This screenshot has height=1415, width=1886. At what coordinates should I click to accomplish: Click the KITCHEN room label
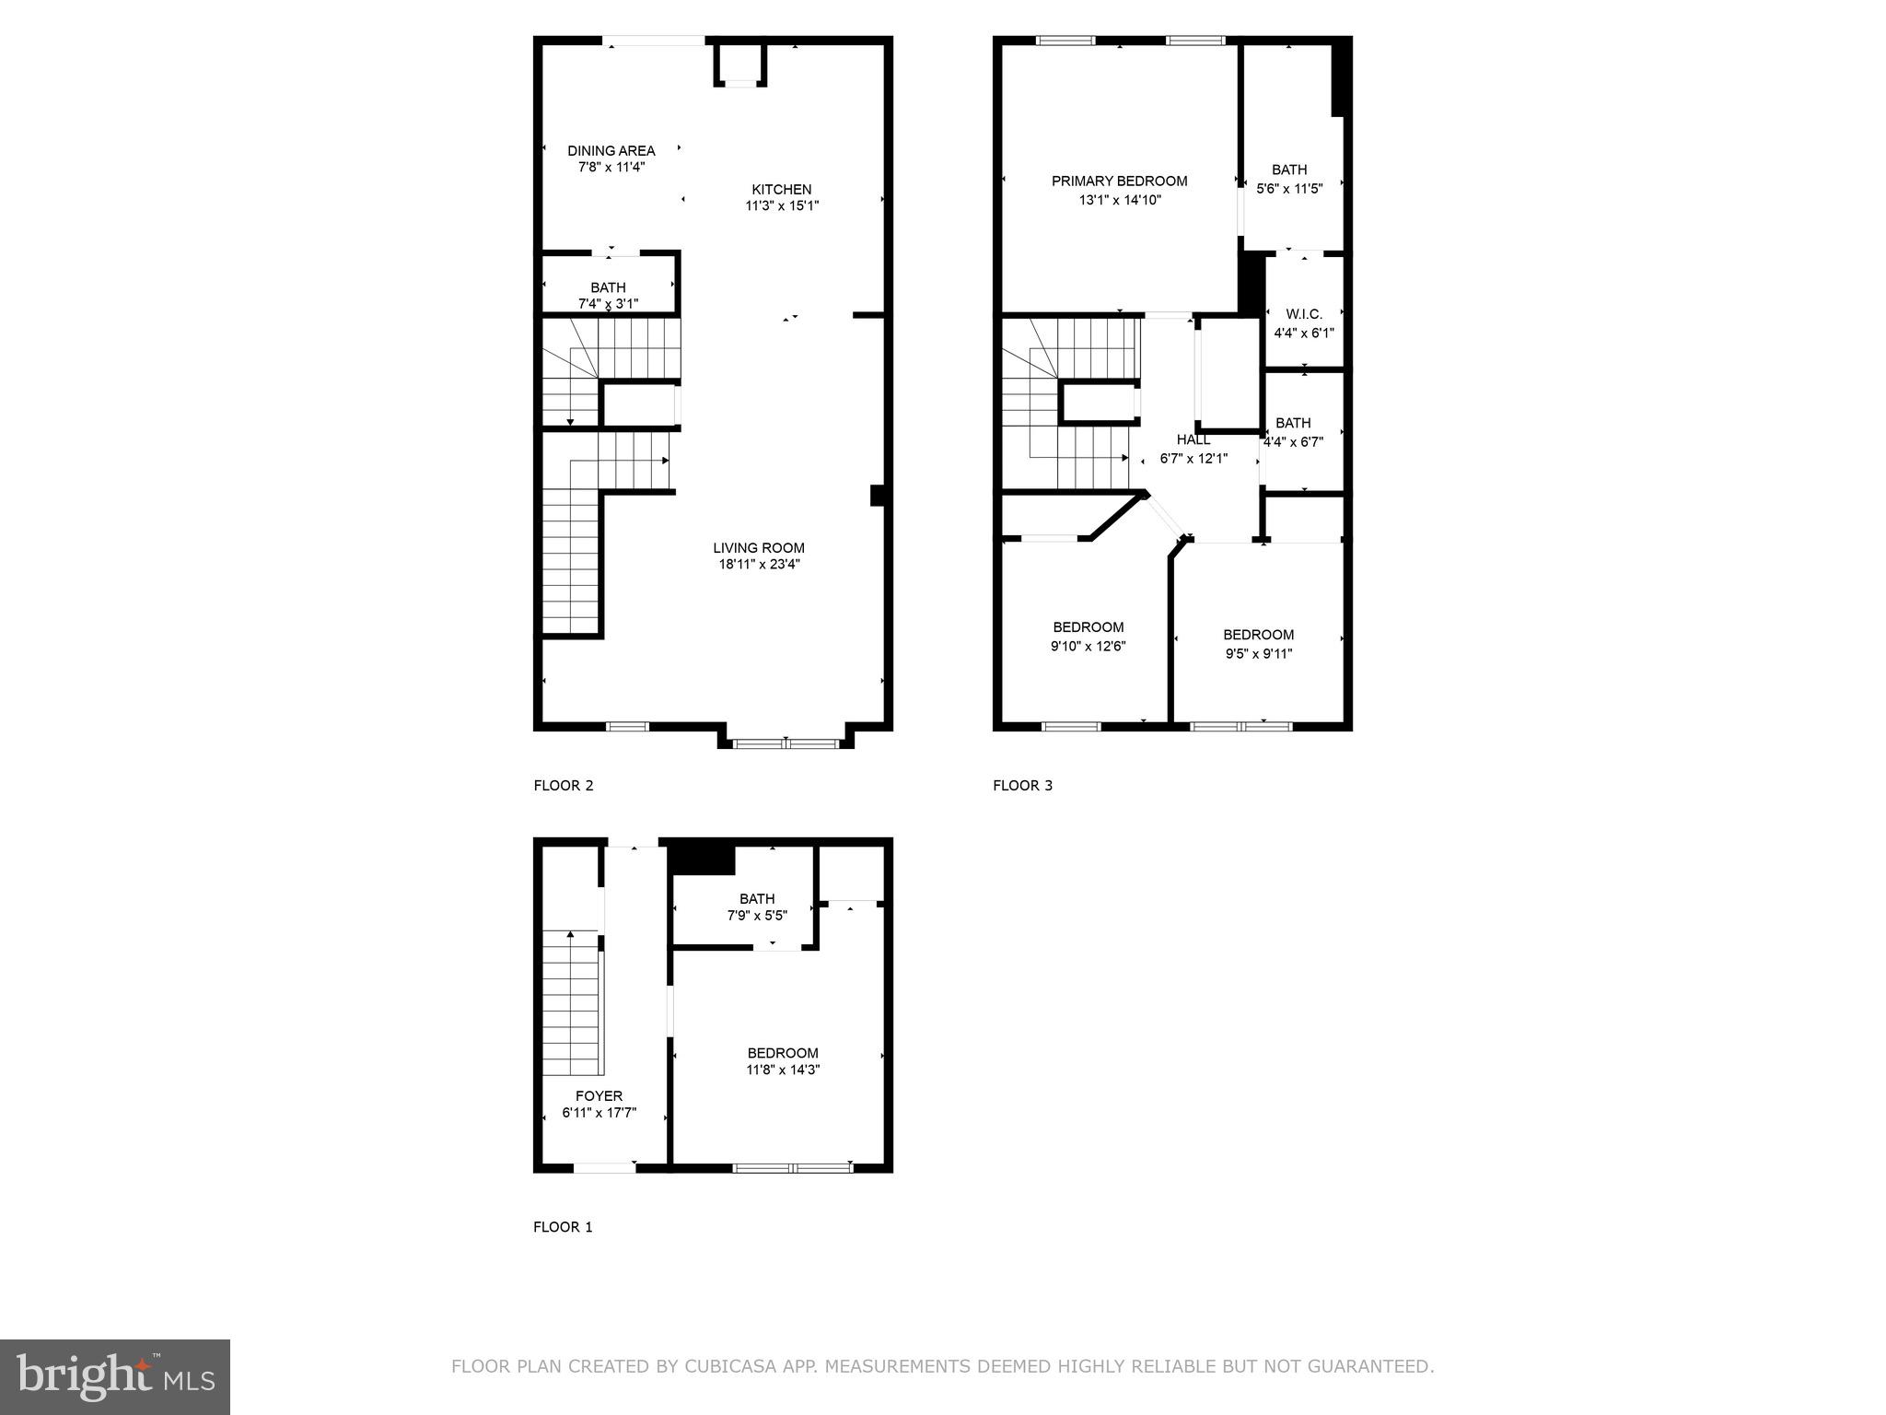point(781,190)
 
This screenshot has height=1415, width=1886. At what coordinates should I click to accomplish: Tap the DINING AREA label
point(611,151)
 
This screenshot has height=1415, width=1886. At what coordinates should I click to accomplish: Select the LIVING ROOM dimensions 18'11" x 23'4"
point(759,565)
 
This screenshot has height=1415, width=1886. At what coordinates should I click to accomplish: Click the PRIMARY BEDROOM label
point(1119,181)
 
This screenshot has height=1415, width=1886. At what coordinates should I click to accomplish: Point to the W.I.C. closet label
point(1303,315)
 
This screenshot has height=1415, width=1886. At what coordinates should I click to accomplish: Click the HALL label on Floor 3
point(1193,440)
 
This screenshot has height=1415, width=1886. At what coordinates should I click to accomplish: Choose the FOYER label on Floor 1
point(599,1096)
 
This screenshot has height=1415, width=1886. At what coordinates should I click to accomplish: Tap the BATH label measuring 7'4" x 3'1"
point(608,288)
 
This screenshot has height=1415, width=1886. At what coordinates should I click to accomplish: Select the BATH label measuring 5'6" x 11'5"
point(1289,170)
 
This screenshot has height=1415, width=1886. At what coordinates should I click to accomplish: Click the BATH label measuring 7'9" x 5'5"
point(757,899)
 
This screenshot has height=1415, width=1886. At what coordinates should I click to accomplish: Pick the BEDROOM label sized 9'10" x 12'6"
point(1088,627)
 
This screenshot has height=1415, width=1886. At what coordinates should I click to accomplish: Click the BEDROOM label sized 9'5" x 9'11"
point(1258,635)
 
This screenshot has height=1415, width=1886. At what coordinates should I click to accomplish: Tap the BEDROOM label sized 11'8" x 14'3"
point(782,1053)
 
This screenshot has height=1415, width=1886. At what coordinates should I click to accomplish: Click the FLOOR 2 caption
point(564,786)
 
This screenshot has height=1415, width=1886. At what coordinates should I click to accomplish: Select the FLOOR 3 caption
point(1022,786)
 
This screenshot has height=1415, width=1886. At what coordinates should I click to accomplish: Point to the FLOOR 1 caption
point(563,1227)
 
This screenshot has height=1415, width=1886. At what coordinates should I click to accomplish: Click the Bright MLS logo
point(115,1377)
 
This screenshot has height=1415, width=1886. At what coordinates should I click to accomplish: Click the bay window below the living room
point(786,743)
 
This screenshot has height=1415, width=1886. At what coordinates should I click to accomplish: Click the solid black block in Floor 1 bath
point(703,860)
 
